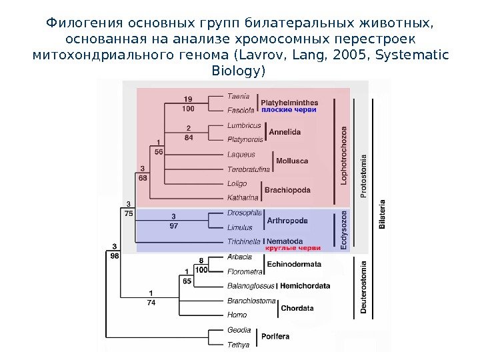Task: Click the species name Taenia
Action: pos(238,96)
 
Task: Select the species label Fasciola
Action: pos(240,110)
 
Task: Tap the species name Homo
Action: pos(237,315)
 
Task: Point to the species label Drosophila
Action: pos(244,213)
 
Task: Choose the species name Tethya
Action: pos(238,345)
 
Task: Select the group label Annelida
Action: pos(285,132)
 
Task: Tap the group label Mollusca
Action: pos(292,161)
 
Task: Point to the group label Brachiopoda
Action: pos(287,190)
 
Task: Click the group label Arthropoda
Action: pos(287,220)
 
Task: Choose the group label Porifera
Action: pos(275,337)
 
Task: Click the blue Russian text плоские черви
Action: pos(289,109)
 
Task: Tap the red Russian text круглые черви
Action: pos(293,248)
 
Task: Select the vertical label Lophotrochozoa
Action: pos(344,155)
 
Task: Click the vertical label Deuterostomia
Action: pos(363,287)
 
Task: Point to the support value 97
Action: pos(173,226)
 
